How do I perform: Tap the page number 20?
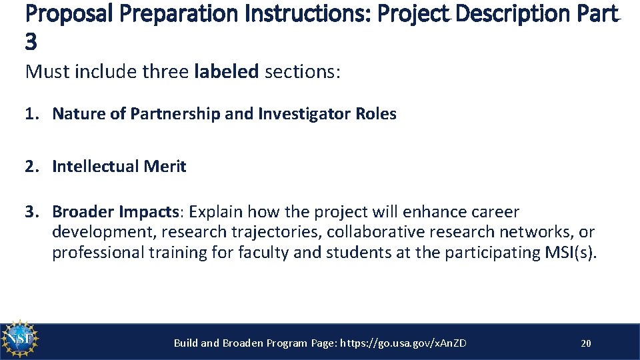(586, 343)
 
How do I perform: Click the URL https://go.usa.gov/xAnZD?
(403, 343)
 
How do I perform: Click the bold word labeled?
(226, 71)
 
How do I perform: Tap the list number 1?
(31, 114)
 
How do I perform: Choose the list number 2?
(31, 167)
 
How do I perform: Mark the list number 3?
(31, 212)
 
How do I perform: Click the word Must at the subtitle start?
(45, 71)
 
